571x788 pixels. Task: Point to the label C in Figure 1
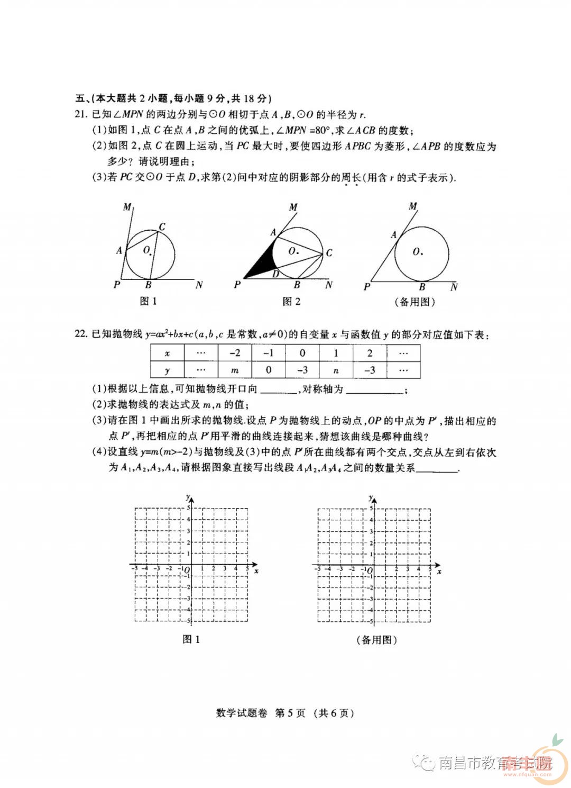click(x=162, y=227)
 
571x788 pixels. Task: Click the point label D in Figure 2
click(x=275, y=274)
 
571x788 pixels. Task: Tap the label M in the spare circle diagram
click(x=413, y=206)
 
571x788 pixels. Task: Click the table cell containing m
click(x=235, y=370)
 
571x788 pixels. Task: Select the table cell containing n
click(x=336, y=370)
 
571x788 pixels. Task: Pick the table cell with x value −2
click(x=235, y=353)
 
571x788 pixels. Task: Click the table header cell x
click(x=167, y=353)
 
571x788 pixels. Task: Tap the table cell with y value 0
click(x=269, y=370)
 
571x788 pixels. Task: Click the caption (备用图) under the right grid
click(x=376, y=639)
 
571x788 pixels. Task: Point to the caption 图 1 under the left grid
click(x=191, y=639)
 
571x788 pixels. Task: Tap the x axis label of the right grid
click(x=439, y=571)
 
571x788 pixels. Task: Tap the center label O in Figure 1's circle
click(x=146, y=250)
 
